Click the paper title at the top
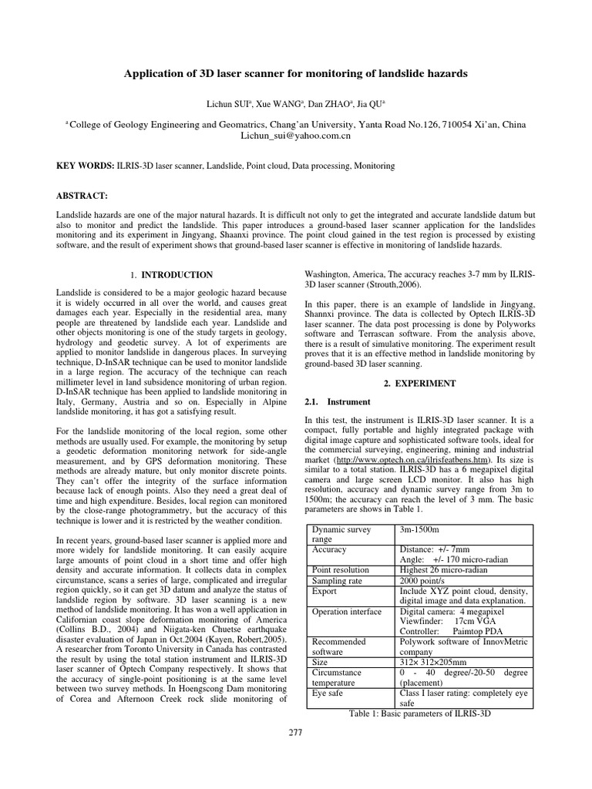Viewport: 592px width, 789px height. [296, 73]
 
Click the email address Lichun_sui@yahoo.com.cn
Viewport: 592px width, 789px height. [296, 134]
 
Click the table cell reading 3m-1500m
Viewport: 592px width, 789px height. [419, 529]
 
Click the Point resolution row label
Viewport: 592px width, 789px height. [341, 569]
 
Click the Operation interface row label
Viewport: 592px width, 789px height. [346, 612]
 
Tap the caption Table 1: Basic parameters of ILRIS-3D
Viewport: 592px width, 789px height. [420, 713]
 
